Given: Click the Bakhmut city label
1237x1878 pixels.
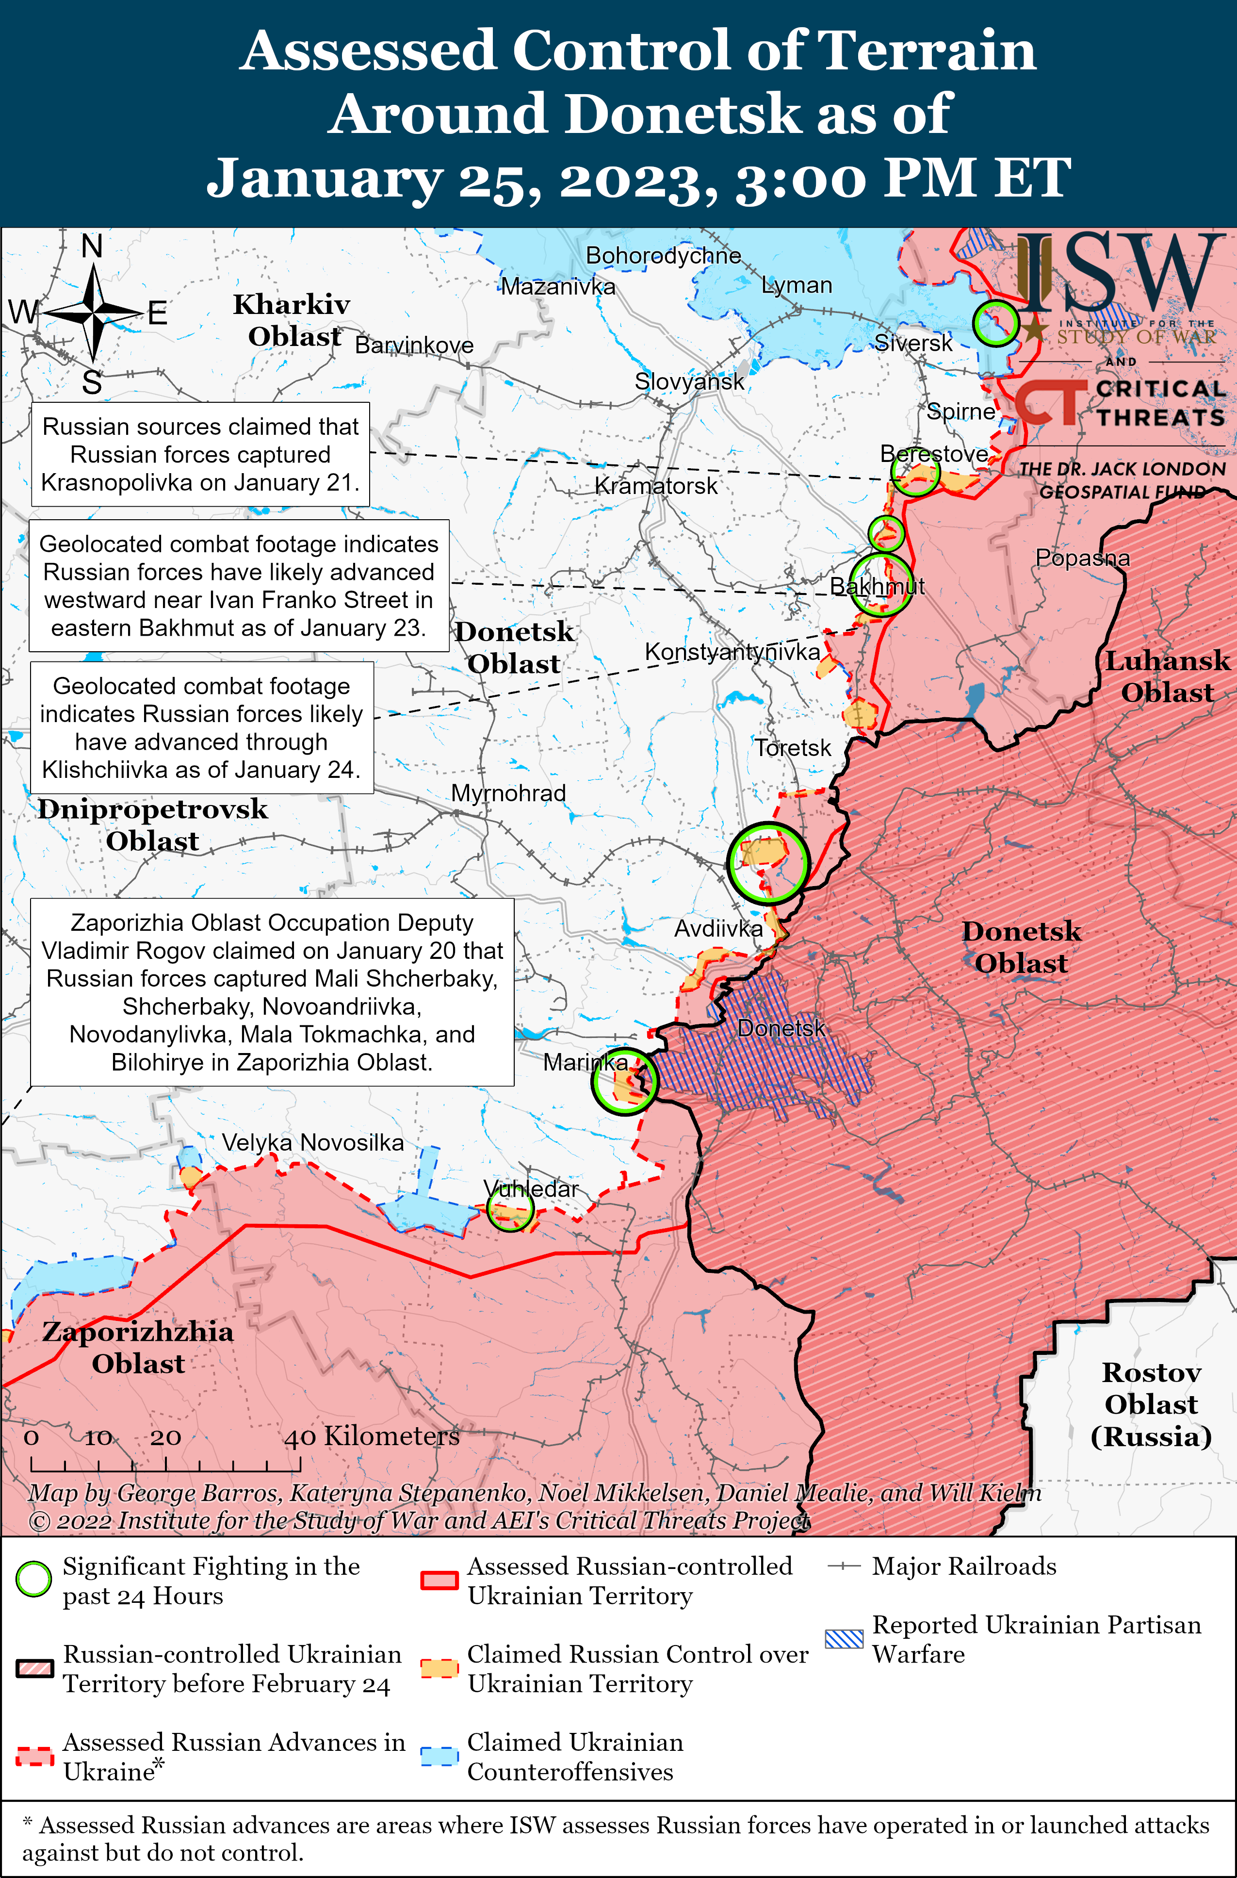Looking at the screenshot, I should [x=877, y=586].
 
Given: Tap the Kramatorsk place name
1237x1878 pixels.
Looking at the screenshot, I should [x=655, y=486].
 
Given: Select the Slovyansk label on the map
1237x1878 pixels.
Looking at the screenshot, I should [x=689, y=382].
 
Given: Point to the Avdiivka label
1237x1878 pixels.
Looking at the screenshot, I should [x=718, y=929].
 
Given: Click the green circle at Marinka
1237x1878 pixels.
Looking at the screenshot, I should [x=624, y=1082].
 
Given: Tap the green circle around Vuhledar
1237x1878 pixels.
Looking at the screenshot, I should [x=510, y=1207].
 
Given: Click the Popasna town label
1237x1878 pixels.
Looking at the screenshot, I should [x=1082, y=558].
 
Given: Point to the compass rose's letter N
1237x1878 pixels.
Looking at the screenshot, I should [x=92, y=247].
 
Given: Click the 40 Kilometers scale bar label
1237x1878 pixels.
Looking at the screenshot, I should [x=372, y=1436].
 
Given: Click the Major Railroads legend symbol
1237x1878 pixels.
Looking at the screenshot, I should [x=844, y=1566].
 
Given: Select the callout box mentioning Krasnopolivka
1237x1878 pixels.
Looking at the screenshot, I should [x=200, y=455].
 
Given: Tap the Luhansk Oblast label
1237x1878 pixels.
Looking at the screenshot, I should [x=1167, y=676].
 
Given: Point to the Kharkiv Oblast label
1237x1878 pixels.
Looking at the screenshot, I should [x=293, y=320].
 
